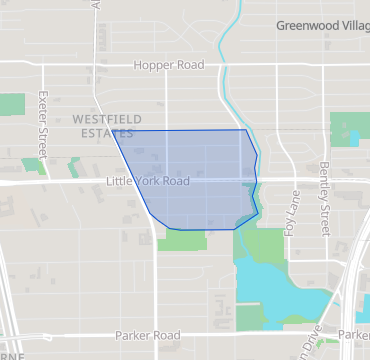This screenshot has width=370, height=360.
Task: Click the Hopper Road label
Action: point(169,65)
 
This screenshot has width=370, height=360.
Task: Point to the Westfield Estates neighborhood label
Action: point(101,126)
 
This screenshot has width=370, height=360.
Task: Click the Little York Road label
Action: point(147,182)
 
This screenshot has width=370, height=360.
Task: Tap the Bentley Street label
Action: point(324,199)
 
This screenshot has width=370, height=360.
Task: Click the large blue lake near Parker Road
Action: point(290,300)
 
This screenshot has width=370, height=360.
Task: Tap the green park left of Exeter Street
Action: point(12,105)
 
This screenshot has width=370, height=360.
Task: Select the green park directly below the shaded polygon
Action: point(182,239)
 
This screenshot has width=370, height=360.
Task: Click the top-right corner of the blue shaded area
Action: point(245,130)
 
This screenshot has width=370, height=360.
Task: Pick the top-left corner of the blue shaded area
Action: point(112,131)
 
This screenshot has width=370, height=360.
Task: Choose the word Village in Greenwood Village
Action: point(346,27)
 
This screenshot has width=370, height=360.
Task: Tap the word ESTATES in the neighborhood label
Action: point(101,133)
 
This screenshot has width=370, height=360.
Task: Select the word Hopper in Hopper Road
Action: point(153,65)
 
